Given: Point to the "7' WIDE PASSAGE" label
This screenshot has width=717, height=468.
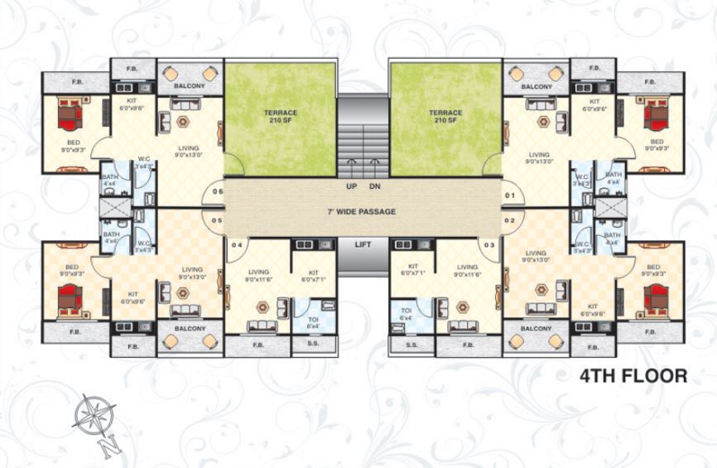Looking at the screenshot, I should (361, 212).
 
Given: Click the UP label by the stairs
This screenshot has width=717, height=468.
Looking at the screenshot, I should (351, 186).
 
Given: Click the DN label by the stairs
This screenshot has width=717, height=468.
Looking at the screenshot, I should (374, 186).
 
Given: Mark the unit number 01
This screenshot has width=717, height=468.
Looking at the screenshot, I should (510, 195).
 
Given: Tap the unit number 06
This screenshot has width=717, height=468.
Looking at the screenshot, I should (217, 192).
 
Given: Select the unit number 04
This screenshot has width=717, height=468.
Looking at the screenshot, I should (237, 244).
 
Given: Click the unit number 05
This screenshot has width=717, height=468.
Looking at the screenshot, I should (217, 220).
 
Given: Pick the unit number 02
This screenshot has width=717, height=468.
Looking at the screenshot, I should (510, 220).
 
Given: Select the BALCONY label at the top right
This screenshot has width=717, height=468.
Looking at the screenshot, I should (537, 86).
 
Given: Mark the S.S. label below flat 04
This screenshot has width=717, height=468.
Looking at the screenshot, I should (313, 343).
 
